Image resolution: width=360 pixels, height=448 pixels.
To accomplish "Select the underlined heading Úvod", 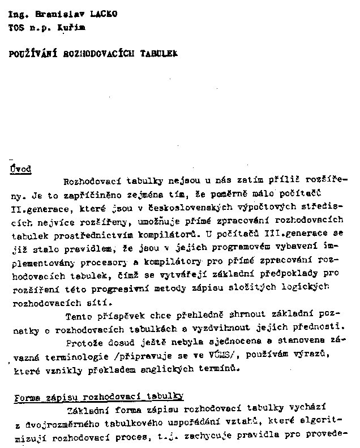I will point(22,169).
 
